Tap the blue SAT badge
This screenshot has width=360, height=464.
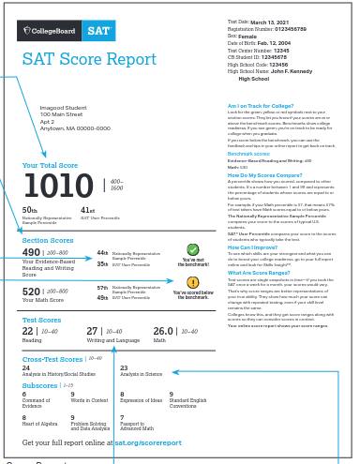pyautogui.click(x=100, y=32)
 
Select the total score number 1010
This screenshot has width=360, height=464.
pyautogui.click(x=59, y=186)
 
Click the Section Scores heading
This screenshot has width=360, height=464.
pyautogui.click(x=48, y=241)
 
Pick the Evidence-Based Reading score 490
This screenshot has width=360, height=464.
pyautogui.click(x=31, y=252)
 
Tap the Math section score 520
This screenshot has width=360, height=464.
pyautogui.click(x=31, y=292)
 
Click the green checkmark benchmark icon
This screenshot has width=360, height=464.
pyautogui.click(x=192, y=249)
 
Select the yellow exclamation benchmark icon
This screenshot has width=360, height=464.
pyautogui.click(x=192, y=282)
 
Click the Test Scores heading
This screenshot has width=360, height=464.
pyautogui.click(x=41, y=320)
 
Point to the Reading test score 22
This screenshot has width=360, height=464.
pyautogui.click(x=27, y=331)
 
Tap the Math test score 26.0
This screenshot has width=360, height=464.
pyautogui.click(x=163, y=331)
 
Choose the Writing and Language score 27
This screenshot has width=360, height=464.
pyautogui.click(x=92, y=331)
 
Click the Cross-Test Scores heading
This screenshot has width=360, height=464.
pyautogui.click(x=52, y=358)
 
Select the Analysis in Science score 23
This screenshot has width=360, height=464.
pyautogui.click(x=124, y=368)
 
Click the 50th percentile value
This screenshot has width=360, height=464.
pyautogui.click(x=29, y=210)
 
